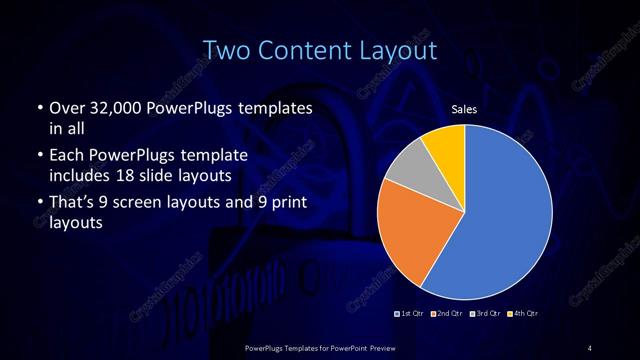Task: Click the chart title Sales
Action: click(464, 109)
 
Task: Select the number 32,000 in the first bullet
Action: click(117, 106)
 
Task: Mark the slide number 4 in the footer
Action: click(590, 347)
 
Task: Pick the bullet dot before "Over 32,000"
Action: click(38, 107)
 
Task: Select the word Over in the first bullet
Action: click(66, 106)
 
